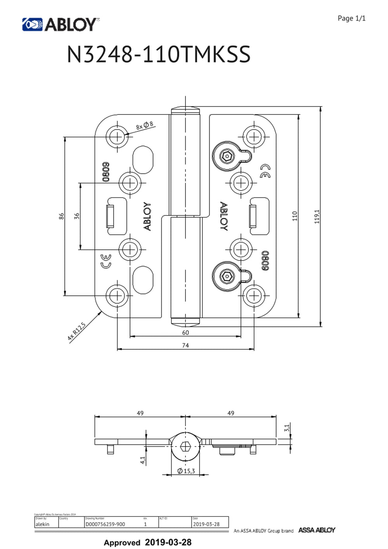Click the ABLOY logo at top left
tap(60, 24)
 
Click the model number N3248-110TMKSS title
tap(158, 54)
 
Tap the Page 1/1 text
tap(351, 18)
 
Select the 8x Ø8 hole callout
tap(144, 125)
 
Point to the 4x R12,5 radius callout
tap(76, 331)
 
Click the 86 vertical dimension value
tap(61, 216)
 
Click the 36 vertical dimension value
tap(77, 216)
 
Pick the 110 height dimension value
tap(294, 216)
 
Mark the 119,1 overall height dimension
tap(317, 216)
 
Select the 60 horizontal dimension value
tap(185, 333)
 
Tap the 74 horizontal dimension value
tap(185, 345)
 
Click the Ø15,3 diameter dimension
tap(186, 471)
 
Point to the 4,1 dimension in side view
tap(143, 460)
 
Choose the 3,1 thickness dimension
tap(287, 428)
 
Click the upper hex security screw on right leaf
tap(226, 156)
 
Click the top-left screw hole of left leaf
tap(117, 136)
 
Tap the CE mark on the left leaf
tap(106, 262)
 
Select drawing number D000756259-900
tap(105, 524)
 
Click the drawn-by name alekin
tap(42, 524)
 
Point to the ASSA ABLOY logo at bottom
tap(316, 530)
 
